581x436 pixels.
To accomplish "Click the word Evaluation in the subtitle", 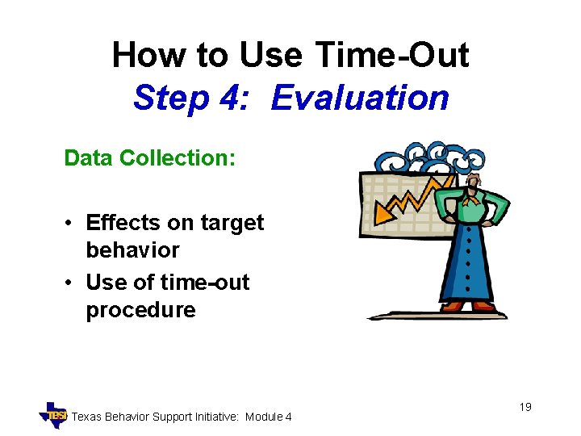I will coord(360,98).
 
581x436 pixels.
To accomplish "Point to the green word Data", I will coord(88,157).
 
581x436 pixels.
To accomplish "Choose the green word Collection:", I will coord(178,157).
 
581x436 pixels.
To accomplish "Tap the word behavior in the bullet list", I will coord(132,250).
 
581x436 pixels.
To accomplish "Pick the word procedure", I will coord(140,310).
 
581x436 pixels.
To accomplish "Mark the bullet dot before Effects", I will coord(71,224).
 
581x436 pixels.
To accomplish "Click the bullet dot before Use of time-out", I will coord(71,283).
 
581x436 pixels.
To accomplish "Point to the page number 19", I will coord(525,407).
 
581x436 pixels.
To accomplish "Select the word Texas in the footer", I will coord(89,417).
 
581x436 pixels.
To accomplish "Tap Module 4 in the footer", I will coord(269,417).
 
